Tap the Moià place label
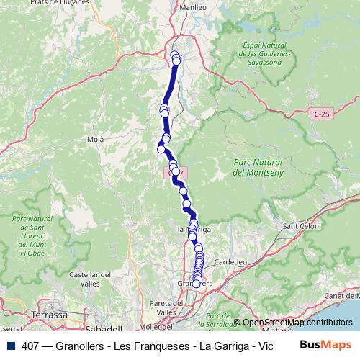pyautogui.click(x=95, y=138)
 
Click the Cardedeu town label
pyautogui.click(x=231, y=261)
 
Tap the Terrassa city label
pyautogui.click(x=49, y=315)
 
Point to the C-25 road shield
pyautogui.click(x=322, y=114)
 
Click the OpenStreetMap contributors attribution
pyautogui.click(x=297, y=322)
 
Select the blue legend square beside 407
pyautogui.click(x=11, y=346)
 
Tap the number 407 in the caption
pyautogui.click(x=31, y=346)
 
